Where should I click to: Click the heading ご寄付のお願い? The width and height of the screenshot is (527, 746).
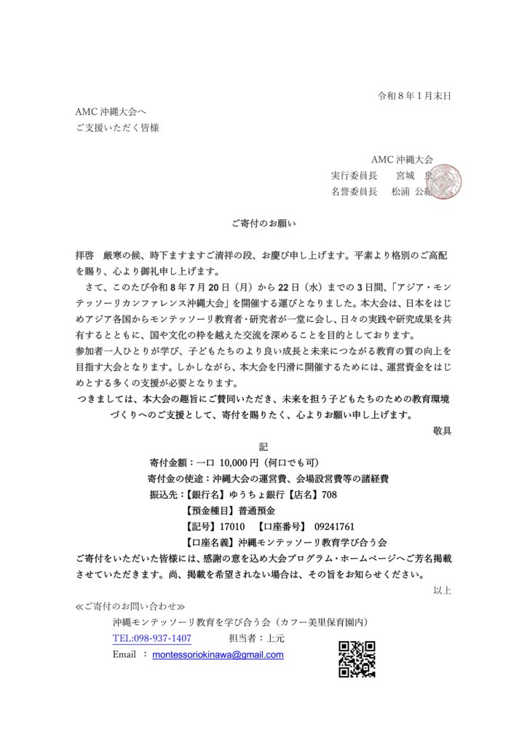263,224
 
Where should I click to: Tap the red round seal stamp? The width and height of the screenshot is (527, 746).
444,181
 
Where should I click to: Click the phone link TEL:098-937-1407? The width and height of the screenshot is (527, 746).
152,638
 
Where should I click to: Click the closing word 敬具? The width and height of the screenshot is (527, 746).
442,431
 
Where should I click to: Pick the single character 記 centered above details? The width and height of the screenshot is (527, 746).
263,447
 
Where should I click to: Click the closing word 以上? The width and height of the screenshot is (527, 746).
442,590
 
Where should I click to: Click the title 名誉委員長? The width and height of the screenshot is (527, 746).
354,192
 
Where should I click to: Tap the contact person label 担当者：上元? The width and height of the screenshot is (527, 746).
262,638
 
